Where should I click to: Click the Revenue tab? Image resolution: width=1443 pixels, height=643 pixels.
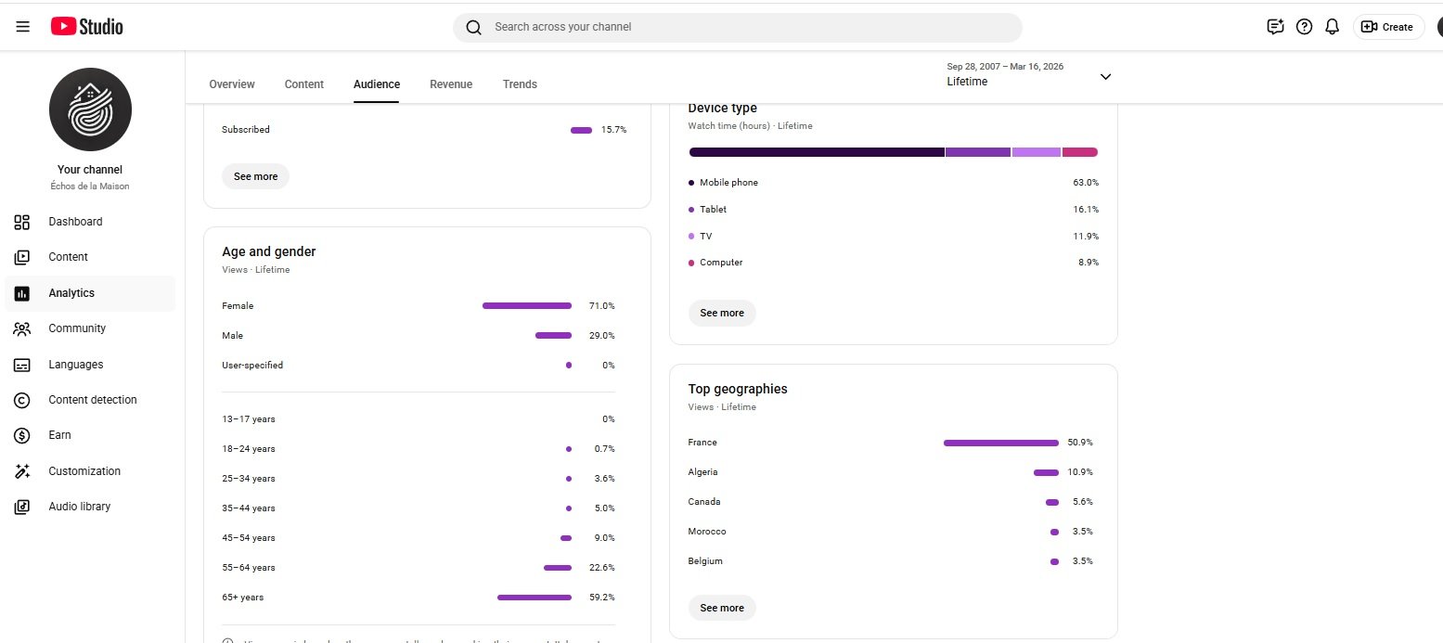451,84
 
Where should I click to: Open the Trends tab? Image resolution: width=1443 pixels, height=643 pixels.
520,84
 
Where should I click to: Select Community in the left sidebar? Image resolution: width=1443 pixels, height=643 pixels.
77,328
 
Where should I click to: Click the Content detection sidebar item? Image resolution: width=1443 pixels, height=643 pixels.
93,400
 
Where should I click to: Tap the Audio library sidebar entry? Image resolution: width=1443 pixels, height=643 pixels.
80,507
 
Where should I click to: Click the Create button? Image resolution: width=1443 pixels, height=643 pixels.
1387,27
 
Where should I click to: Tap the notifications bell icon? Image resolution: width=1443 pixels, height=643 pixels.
1332,27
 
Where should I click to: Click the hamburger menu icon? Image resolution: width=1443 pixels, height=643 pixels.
23,27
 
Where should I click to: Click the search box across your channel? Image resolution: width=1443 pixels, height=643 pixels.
738,27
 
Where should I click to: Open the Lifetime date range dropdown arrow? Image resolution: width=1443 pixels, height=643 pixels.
1105,77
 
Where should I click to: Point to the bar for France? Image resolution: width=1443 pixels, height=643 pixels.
1000,443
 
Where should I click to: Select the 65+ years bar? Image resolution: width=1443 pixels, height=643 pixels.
535,598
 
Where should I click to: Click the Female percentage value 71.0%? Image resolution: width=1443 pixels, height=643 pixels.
601,306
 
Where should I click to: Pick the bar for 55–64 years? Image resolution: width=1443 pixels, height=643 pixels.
558,568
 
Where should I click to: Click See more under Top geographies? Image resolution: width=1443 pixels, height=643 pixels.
722,608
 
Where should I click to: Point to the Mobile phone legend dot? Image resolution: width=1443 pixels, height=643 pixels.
691,183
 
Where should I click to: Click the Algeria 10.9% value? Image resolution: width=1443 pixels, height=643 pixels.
1080,472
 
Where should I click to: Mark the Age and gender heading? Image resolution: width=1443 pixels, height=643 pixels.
269,251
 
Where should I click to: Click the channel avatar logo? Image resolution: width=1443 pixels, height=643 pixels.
90,109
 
